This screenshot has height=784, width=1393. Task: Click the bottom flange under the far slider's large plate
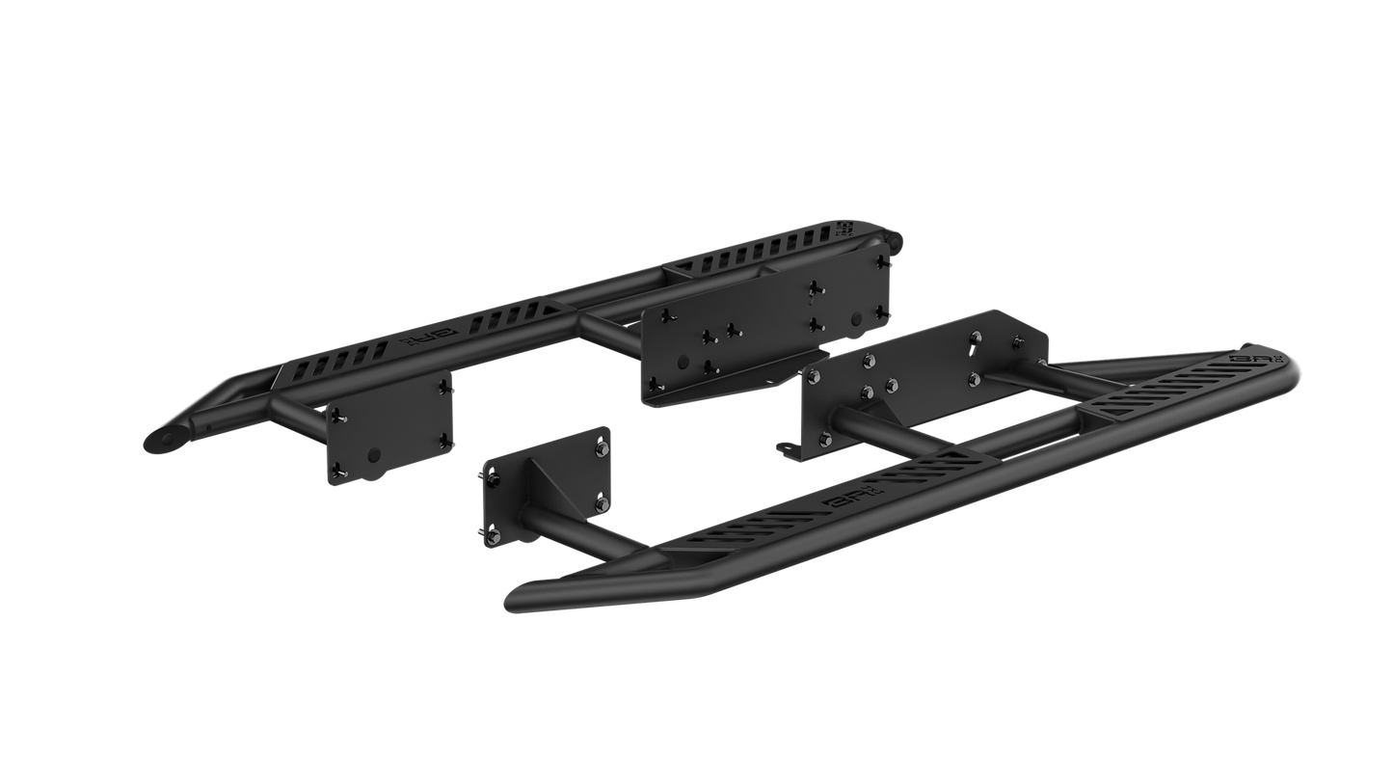coord(713,392)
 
